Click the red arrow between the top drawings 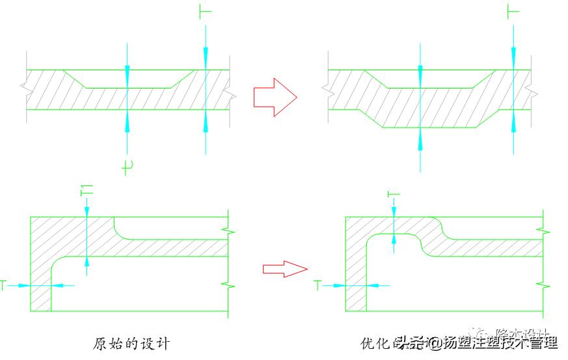coord(274,98)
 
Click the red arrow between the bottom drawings coord(284,268)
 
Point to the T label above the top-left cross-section coord(205,10)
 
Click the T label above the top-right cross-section coord(513,10)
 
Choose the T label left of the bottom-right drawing coord(318,285)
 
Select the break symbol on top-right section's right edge coord(533,91)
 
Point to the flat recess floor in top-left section coord(128,87)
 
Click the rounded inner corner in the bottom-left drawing coord(57,264)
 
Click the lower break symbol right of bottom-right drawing coord(543,284)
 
